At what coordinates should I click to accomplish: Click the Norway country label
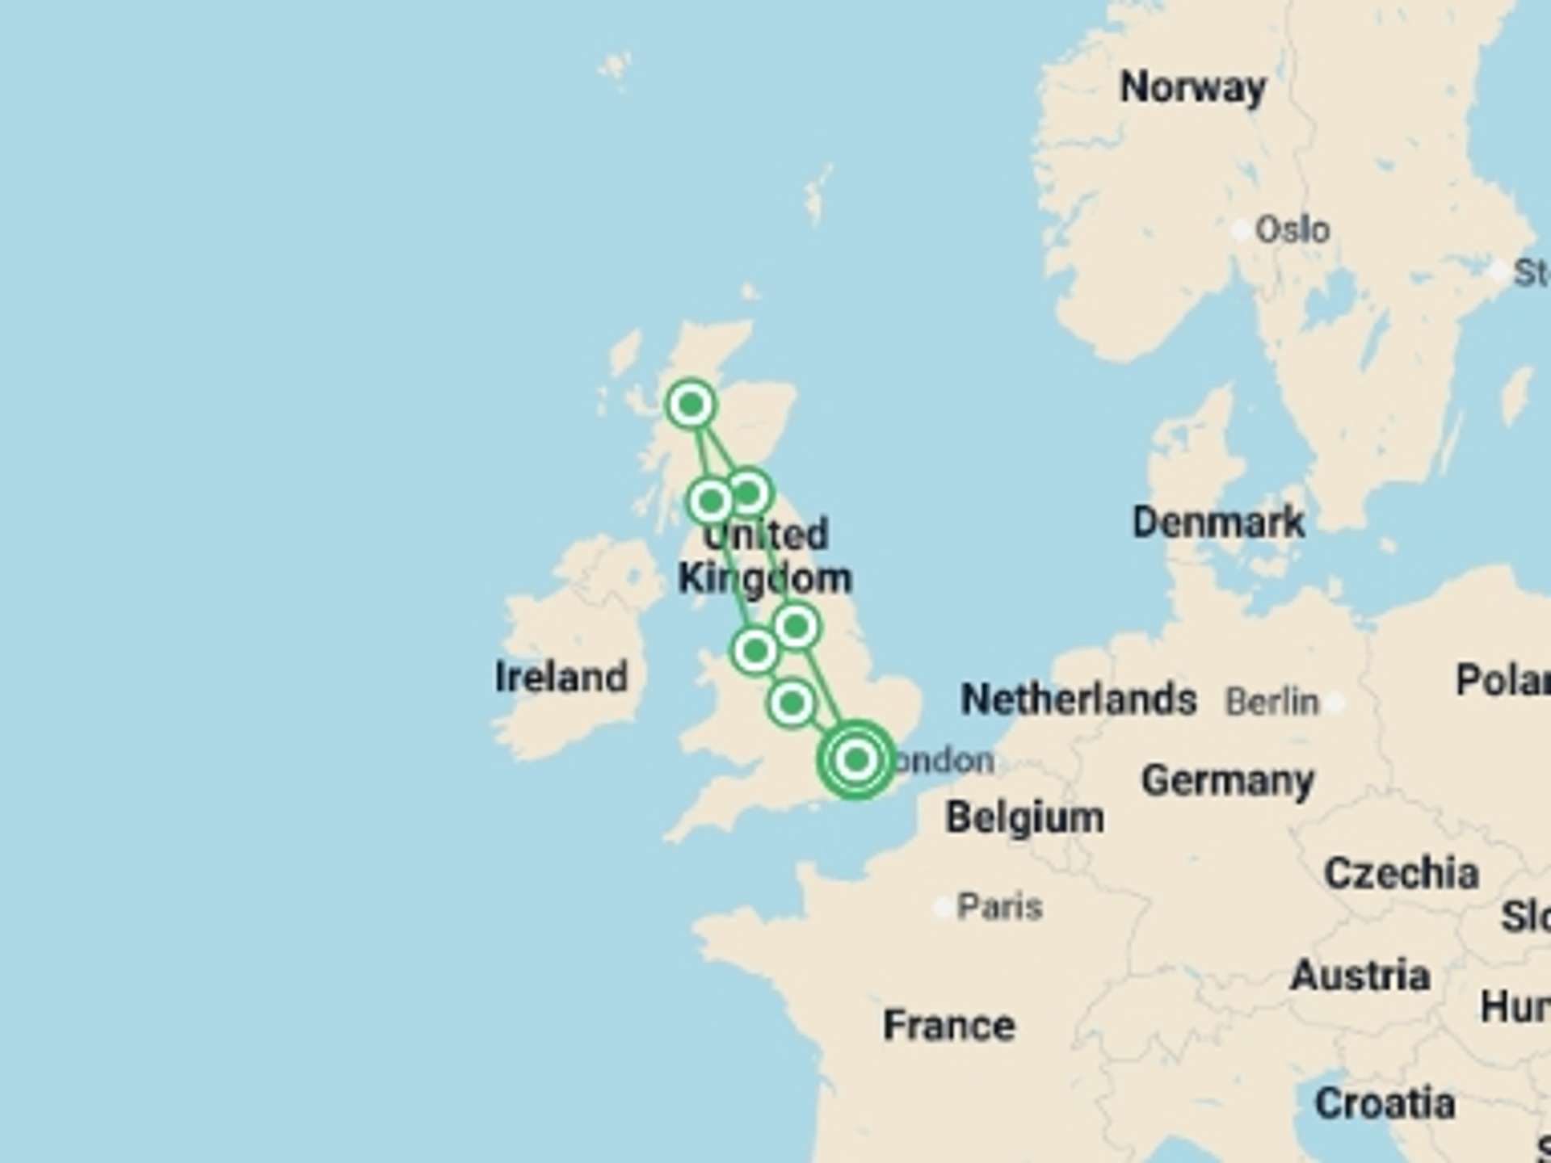pyautogui.click(x=1192, y=87)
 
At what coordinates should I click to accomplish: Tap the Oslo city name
pyautogui.click(x=1292, y=230)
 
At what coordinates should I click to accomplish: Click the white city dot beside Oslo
pyautogui.click(x=1241, y=230)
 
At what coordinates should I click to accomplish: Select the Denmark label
pyautogui.click(x=1218, y=522)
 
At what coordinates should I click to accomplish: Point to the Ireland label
pyautogui.click(x=561, y=677)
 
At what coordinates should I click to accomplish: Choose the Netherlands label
pyautogui.click(x=1078, y=699)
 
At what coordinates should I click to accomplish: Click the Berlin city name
pyautogui.click(x=1271, y=702)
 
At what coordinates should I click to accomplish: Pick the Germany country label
pyautogui.click(x=1227, y=781)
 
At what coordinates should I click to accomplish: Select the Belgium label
pyautogui.click(x=1024, y=817)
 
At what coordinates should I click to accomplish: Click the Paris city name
pyautogui.click(x=999, y=907)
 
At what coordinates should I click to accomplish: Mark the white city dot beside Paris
pyautogui.click(x=942, y=908)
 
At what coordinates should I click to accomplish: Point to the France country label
pyautogui.click(x=948, y=1026)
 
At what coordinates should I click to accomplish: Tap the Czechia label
pyautogui.click(x=1401, y=873)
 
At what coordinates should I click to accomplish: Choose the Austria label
pyautogui.click(x=1360, y=976)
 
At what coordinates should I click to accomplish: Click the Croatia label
pyautogui.click(x=1385, y=1103)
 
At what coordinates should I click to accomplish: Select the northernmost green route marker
pyautogui.click(x=691, y=404)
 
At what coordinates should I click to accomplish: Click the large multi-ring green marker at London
pyautogui.click(x=856, y=760)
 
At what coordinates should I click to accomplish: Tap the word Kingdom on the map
pyautogui.click(x=764, y=579)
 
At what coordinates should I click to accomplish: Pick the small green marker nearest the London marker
pyautogui.click(x=792, y=703)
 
